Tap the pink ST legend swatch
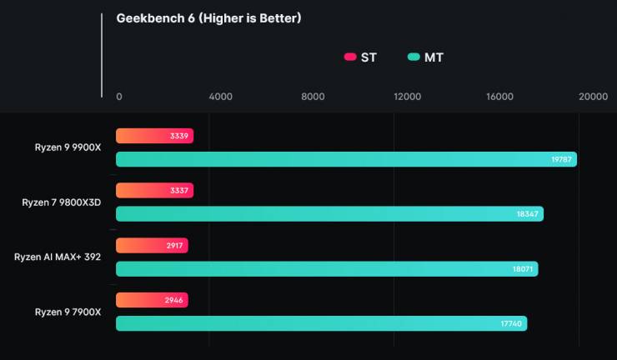click(350, 57)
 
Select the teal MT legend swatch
click(414, 57)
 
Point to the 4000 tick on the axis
click(220, 97)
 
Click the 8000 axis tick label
click(313, 97)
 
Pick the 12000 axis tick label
click(407, 97)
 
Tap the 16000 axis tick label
click(499, 97)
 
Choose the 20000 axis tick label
click(594, 97)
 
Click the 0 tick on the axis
click(119, 97)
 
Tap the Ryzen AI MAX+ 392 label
click(58, 257)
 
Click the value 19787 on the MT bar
click(560, 159)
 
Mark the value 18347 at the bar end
click(527, 214)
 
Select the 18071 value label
click(522, 269)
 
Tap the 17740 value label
click(510, 324)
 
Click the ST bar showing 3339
click(154, 136)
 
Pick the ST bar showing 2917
click(152, 246)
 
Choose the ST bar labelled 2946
click(152, 301)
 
